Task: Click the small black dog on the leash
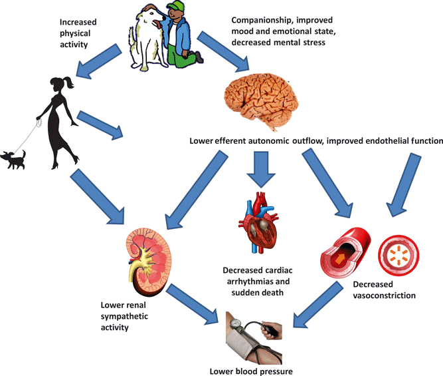(x=15, y=158)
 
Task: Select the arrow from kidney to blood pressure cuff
(x=192, y=299)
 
